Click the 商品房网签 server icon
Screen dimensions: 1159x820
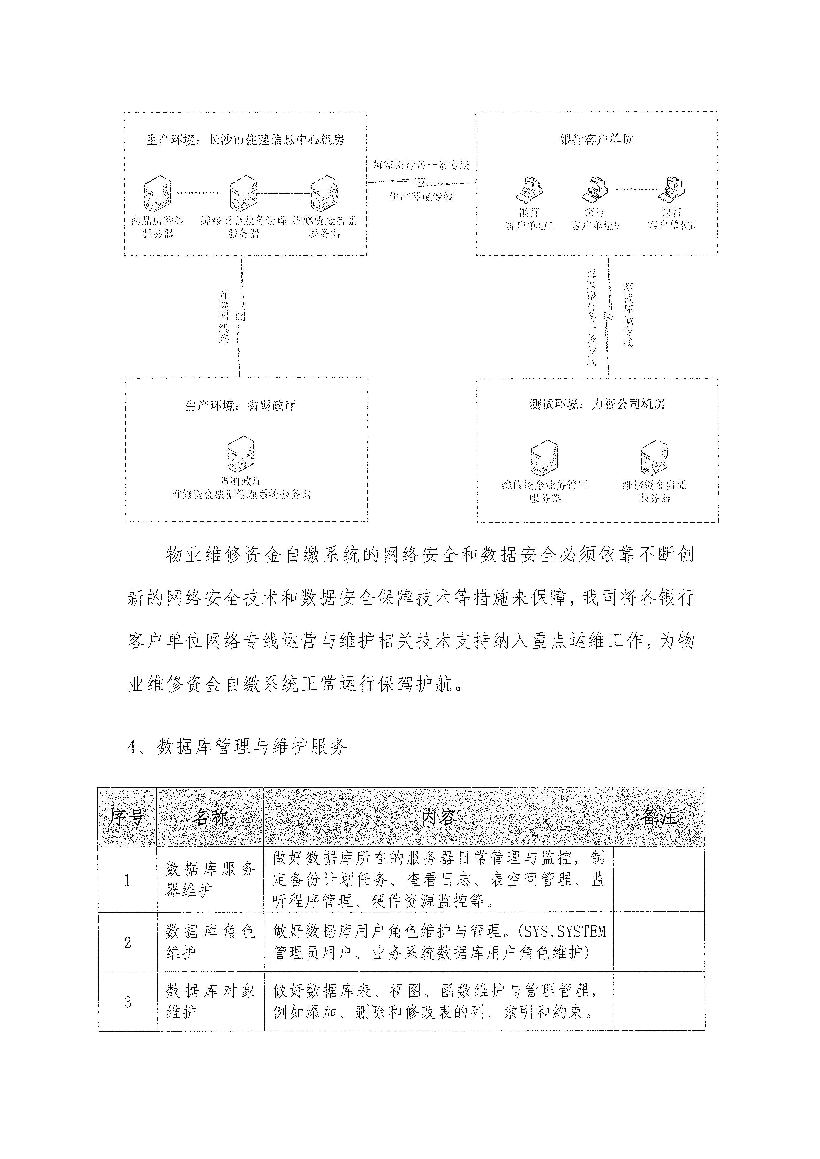(157, 193)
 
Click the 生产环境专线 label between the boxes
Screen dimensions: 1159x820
(421, 196)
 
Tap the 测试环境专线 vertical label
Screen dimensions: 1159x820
(628, 315)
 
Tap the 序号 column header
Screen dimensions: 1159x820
(127, 817)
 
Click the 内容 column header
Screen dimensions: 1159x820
(438, 817)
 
